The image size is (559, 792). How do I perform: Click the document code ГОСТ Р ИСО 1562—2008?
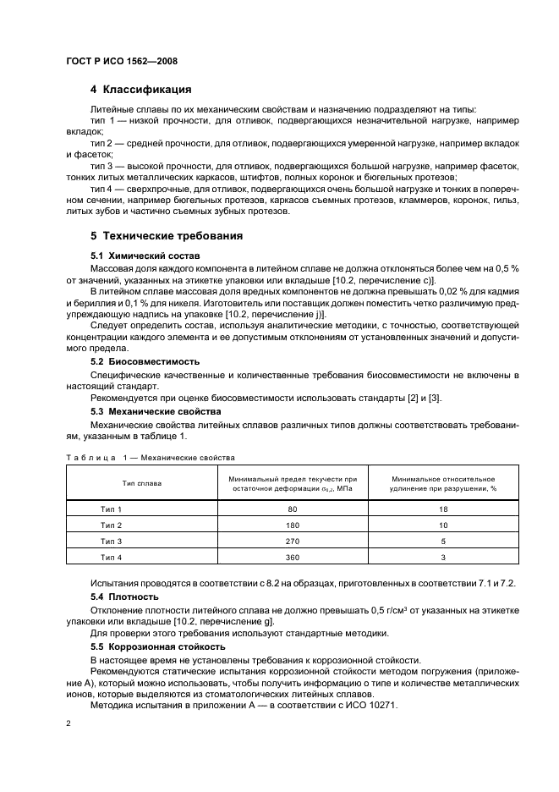point(121,61)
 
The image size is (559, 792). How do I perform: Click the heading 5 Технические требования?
point(167,235)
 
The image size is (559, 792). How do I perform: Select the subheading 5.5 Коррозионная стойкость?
point(153,646)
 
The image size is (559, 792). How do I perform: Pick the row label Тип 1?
point(112,509)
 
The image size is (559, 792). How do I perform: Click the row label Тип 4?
point(112,558)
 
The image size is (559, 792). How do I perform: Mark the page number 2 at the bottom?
point(69,725)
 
